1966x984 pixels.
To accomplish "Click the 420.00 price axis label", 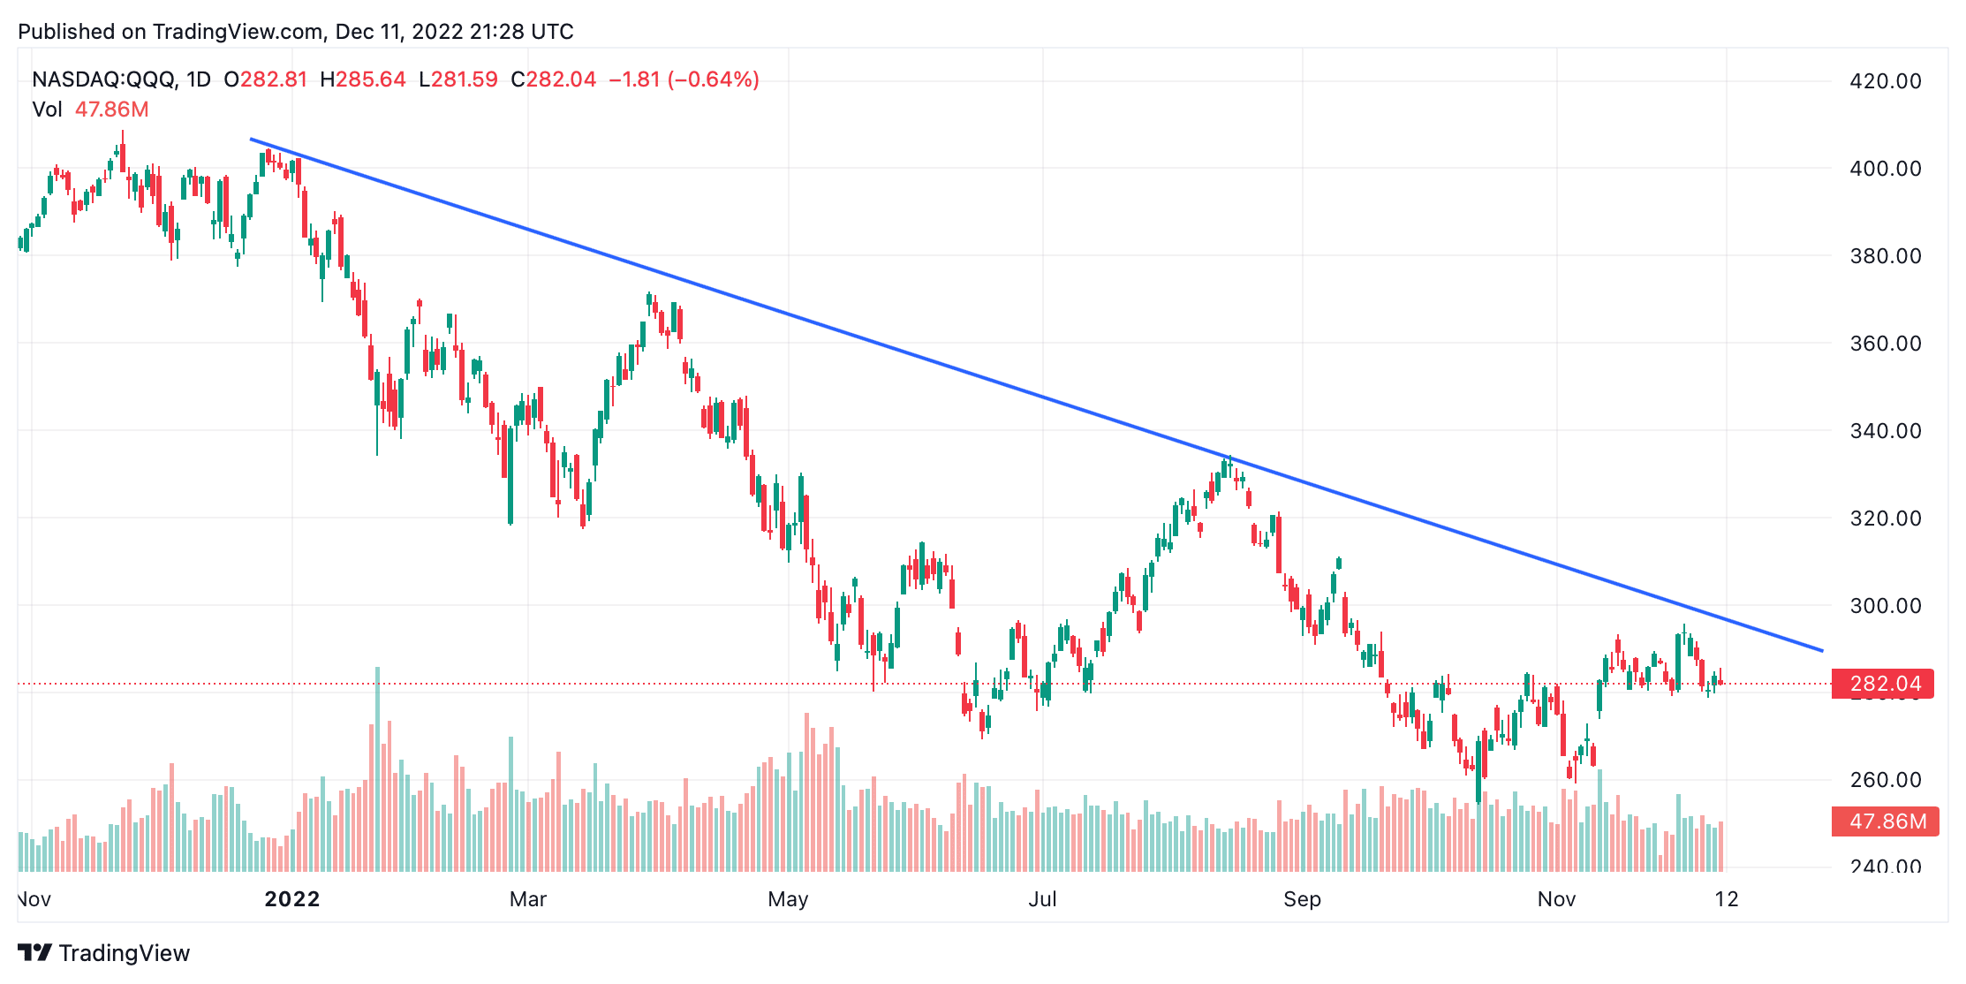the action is coord(1885,81).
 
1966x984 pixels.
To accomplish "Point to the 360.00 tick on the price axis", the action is coord(1885,344).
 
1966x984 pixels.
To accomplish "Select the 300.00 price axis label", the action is coord(1885,606).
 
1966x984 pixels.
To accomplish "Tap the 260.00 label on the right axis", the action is coord(1885,780).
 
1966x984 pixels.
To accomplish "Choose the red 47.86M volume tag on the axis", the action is coord(1886,821).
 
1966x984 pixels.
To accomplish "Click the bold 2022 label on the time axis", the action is coord(292,899).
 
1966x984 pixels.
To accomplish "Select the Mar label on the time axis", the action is coord(528,899).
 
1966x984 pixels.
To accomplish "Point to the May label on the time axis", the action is coord(788,899).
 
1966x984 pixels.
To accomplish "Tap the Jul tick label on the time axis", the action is coord(1042,899).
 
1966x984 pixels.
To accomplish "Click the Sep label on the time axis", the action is coord(1302,899).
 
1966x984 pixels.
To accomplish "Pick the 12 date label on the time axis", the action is coord(1727,899).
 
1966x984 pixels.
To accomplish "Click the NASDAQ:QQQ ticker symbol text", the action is coord(105,79).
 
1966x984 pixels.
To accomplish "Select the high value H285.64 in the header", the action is coord(363,79).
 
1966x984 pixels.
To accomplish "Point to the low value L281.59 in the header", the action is coord(458,79).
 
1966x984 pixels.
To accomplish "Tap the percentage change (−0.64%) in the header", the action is coord(714,79).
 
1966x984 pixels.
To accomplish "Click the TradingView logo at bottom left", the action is coord(104,953).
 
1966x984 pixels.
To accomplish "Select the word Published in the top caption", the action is coord(66,32).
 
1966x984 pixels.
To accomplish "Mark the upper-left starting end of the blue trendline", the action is coord(251,139).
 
